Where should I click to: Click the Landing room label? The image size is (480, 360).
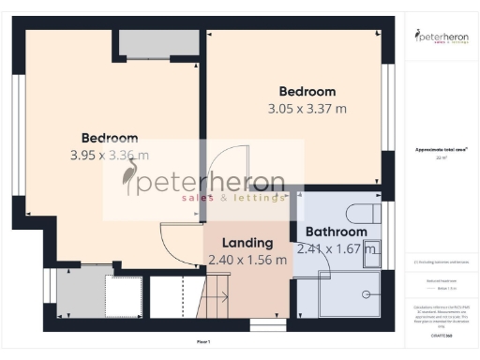(247, 242)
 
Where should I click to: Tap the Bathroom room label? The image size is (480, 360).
(335, 232)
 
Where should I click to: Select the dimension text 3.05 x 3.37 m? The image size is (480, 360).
(307, 109)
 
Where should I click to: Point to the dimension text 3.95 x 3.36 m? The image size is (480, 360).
(109, 156)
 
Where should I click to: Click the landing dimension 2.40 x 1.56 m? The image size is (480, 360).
(247, 260)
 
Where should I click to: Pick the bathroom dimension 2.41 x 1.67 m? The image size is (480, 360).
(336, 249)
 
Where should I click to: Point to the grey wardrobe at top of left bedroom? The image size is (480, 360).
(157, 44)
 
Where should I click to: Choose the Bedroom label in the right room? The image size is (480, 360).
(307, 92)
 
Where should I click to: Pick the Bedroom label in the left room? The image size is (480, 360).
(109, 138)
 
